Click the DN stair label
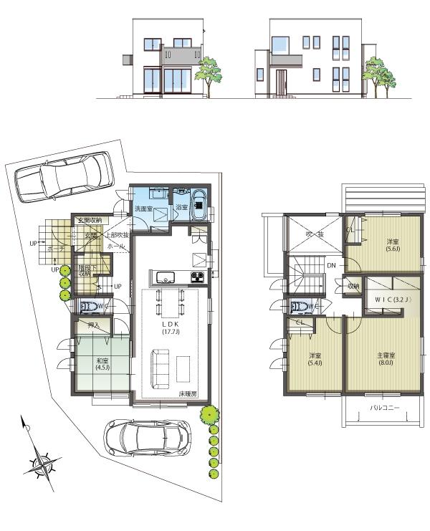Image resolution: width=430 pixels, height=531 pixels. click(x=332, y=266)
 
